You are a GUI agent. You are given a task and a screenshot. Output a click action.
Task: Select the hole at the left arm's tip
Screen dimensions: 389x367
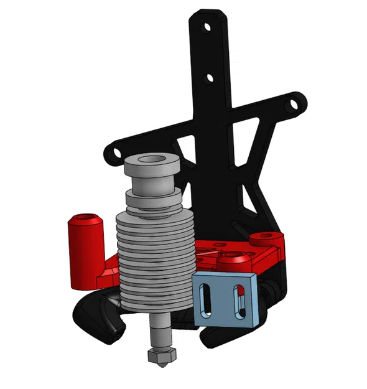pyautogui.click(x=113, y=152)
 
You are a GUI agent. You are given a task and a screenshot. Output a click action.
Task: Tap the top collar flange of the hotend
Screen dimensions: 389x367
pyautogui.click(x=152, y=168)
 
